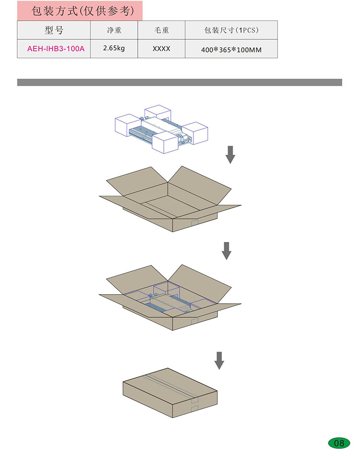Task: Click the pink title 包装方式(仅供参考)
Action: (83, 11)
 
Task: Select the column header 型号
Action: (54, 30)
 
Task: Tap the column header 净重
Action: (114, 30)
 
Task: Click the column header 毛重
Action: (161, 30)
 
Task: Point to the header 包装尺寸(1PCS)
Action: (231, 30)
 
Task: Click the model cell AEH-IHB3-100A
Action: (56, 48)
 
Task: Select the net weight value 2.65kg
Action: (114, 48)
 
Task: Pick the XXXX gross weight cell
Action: (161, 48)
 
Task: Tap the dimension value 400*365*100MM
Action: (231, 50)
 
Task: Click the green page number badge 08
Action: (339, 443)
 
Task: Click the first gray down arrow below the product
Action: (230, 155)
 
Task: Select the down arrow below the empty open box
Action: (227, 251)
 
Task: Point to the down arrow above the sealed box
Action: (219, 360)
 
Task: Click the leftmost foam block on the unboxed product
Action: (127, 125)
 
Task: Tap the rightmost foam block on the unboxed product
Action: (195, 133)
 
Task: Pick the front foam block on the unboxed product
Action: (165, 142)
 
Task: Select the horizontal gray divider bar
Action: (180, 82)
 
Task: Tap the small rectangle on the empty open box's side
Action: (194, 223)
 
